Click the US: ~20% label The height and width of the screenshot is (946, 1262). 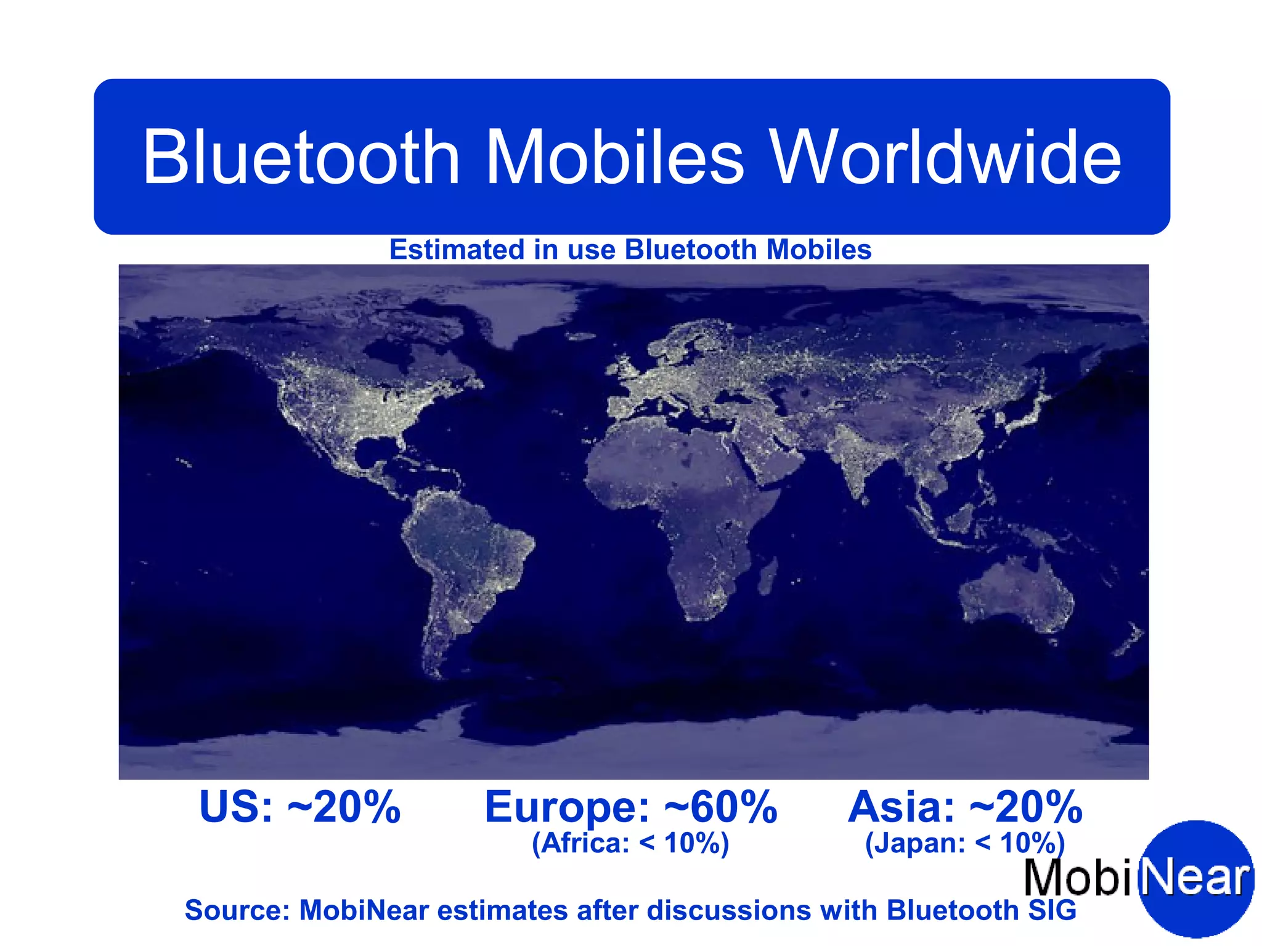point(300,807)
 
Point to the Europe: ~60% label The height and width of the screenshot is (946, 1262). point(630,807)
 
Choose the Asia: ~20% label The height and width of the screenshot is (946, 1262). point(965,807)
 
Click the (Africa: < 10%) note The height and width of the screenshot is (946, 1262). point(630,843)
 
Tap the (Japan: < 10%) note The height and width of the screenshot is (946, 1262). point(965,843)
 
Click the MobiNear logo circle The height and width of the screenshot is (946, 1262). point(1195,878)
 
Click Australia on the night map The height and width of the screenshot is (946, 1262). point(1017,595)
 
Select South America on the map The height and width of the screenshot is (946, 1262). point(462,555)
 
